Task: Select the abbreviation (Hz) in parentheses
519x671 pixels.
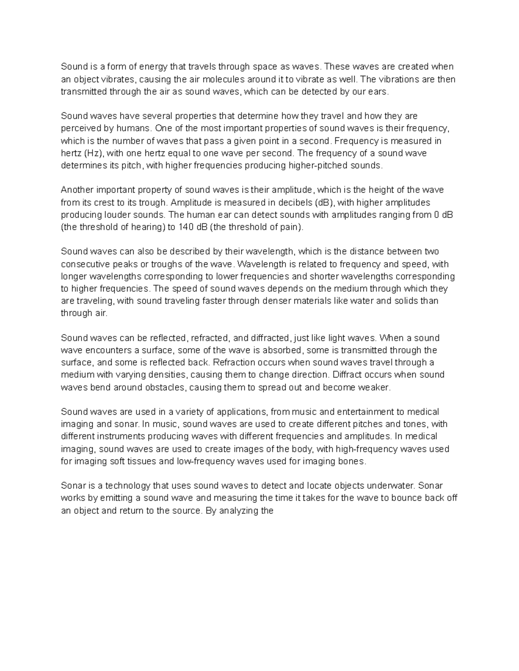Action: (94, 153)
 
